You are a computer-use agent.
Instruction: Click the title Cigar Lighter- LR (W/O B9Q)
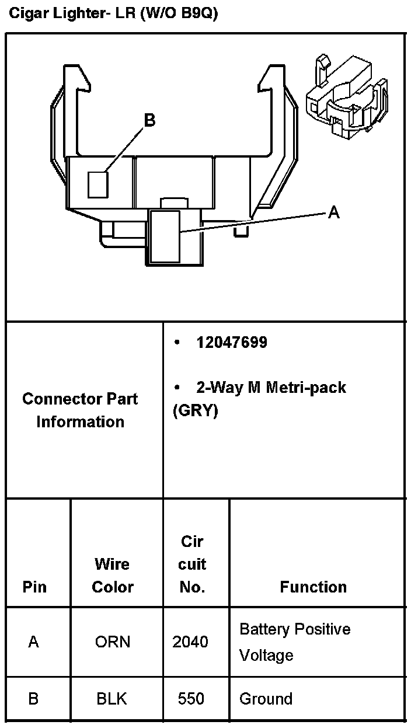point(113,15)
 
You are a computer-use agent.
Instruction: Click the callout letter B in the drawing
point(149,120)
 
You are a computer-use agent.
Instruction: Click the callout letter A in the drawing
point(333,212)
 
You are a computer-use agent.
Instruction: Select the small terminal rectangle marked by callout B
point(98,184)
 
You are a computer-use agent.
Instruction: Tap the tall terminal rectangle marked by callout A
point(165,236)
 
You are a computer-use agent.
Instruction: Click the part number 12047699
point(232,343)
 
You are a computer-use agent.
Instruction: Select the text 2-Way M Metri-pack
point(271,388)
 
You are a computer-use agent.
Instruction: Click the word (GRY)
point(196,410)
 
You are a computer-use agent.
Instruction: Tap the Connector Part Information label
point(81,410)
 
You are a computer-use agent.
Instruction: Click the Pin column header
point(34,587)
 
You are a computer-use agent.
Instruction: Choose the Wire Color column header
point(113,576)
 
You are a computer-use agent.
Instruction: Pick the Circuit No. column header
point(192,564)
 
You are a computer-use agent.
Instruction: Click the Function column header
point(314,587)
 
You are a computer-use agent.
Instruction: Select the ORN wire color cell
point(113,642)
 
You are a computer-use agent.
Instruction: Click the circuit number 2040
point(190,642)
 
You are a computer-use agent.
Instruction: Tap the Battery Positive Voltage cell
point(295,642)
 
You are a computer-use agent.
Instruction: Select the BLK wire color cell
point(112,699)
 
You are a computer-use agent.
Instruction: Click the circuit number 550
point(191,699)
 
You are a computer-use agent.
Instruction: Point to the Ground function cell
point(266,699)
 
